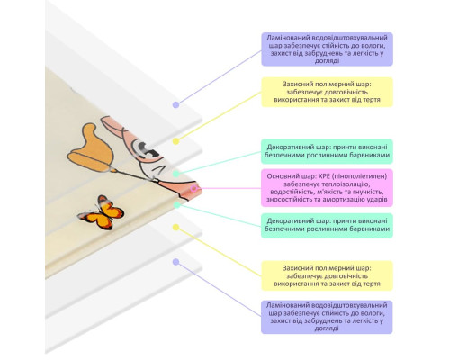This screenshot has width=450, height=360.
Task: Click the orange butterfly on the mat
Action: pos(101,212)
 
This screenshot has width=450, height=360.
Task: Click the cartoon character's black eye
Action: pos(148,149)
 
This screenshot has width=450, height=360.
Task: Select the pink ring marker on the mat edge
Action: pos(194,188)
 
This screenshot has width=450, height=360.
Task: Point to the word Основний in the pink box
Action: pos(279,176)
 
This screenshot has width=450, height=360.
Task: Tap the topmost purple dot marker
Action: pos(176,104)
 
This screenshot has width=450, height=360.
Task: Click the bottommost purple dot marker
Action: pos(176,262)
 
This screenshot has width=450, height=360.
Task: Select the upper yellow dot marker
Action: pos(176,141)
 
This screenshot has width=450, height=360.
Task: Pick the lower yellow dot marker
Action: pos(176,228)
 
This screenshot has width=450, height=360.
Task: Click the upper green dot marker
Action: pos(176,174)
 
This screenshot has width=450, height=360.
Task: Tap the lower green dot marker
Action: pos(177,205)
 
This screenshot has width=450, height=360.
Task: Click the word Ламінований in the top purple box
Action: pos(288,38)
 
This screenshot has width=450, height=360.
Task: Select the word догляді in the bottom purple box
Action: pos(327,328)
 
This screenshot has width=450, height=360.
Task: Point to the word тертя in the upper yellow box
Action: pos(372,100)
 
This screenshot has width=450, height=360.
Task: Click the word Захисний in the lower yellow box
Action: pos(296,268)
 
